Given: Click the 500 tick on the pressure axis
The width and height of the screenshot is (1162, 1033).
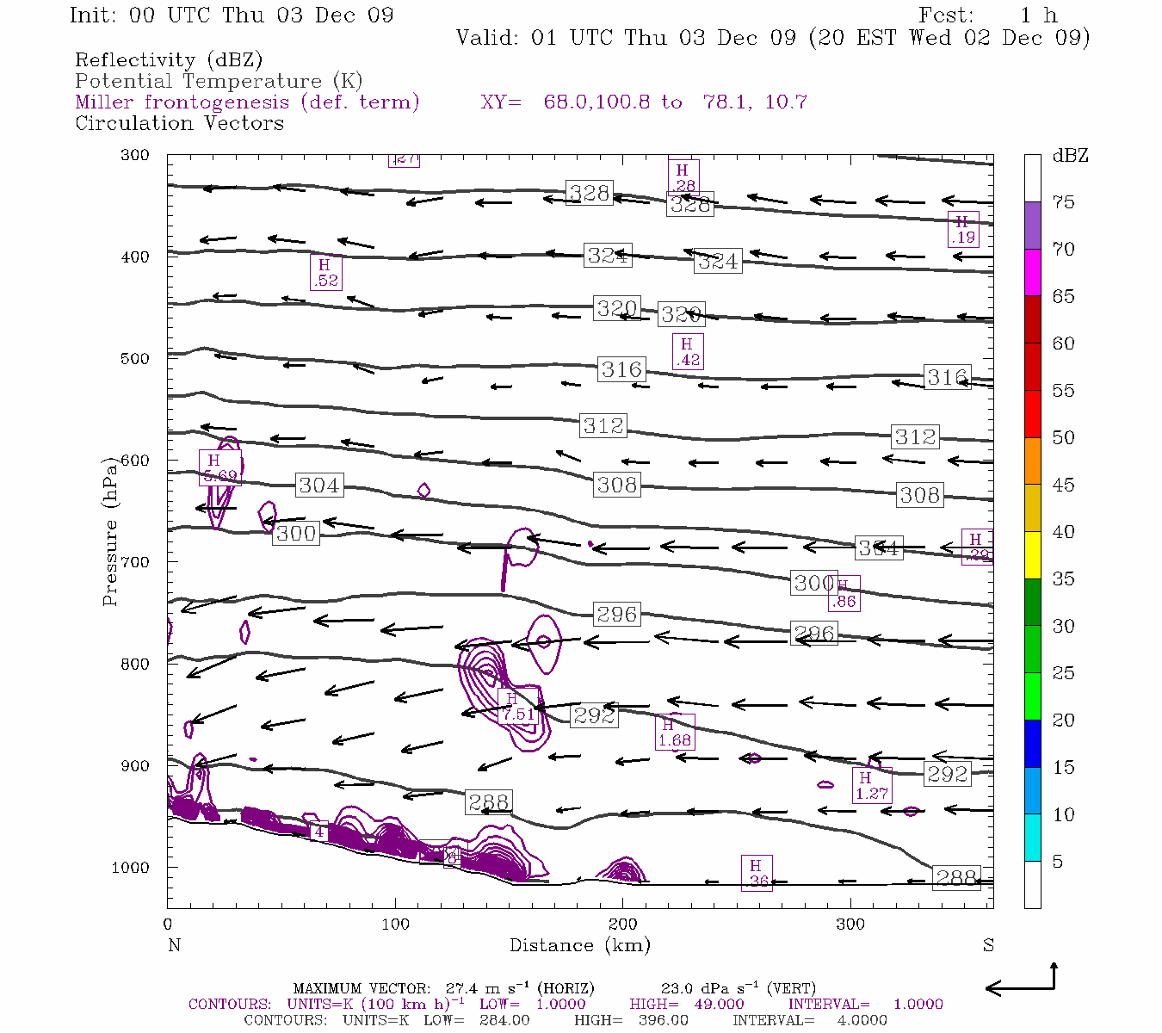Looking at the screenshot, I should pos(135,358).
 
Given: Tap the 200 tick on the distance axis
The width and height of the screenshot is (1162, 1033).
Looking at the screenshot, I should pos(623,924).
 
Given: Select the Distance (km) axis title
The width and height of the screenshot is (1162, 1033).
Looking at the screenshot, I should pos(579,945).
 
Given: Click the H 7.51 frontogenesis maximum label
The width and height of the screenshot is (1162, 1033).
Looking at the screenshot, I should pos(518,707).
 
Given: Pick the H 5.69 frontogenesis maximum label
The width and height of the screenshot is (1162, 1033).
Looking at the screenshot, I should pos(219,467).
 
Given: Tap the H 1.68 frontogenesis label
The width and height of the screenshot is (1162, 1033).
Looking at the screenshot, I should pos(674,733).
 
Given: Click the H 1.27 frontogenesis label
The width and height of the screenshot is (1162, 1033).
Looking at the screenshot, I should pos(871,785).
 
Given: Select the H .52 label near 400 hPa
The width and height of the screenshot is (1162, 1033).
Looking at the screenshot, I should pos(325,273).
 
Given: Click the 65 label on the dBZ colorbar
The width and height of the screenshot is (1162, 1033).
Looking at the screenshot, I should pos(1063,296).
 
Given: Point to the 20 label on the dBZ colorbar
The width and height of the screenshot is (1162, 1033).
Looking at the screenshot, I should pos(1063,720).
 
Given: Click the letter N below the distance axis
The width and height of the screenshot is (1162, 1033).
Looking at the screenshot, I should pos(174,945).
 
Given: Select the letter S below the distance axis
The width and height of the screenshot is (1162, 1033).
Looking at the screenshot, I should pos(988,945).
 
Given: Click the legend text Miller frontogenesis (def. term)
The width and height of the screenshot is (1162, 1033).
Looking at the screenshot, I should pos(247,102).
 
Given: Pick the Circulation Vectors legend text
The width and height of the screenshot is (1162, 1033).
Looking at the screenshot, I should pos(179,123).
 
